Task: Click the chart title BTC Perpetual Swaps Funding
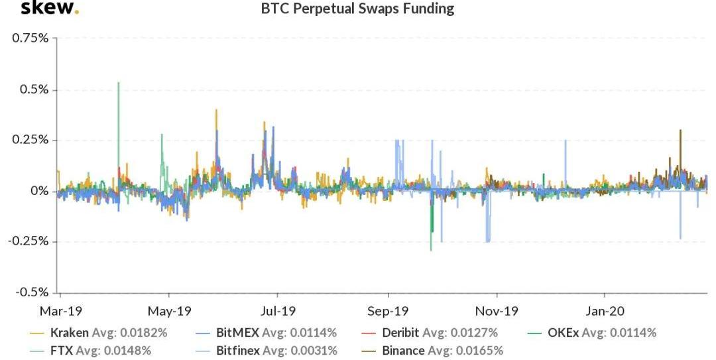358,9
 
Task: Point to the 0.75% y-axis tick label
30,38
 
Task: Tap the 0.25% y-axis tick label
30,141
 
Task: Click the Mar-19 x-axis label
60,310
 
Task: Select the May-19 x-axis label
169,310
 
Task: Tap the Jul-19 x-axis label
278,310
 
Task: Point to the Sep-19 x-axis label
388,310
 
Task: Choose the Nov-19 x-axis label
497,310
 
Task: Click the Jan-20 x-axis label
605,310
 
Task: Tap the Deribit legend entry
401,333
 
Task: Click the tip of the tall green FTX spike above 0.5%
118,83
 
